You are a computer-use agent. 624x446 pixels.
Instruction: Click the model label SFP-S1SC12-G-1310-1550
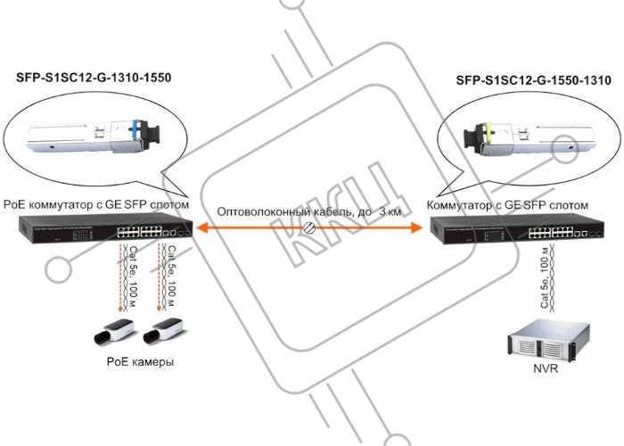[94, 78]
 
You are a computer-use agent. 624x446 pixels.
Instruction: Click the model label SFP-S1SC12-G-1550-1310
[534, 80]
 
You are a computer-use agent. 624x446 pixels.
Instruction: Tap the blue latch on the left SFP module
[137, 130]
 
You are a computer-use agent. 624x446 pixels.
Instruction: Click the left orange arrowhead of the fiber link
[202, 227]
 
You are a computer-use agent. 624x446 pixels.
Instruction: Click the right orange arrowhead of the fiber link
[416, 227]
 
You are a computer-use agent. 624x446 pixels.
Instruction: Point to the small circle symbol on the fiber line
[309, 227]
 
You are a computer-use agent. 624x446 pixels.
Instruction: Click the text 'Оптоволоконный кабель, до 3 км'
[308, 211]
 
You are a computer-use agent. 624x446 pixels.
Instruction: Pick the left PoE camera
[114, 331]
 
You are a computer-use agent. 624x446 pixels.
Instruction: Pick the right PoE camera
[163, 330]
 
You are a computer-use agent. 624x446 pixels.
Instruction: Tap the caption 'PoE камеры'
[140, 361]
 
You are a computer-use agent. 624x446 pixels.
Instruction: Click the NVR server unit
[548, 341]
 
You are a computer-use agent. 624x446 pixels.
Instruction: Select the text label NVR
[546, 368]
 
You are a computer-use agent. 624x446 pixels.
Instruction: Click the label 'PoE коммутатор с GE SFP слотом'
[96, 204]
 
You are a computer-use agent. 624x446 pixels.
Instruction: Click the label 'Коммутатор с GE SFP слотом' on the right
[507, 205]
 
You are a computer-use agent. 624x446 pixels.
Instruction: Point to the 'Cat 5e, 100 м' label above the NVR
[545, 277]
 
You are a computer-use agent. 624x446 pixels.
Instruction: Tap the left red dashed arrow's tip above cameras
[120, 310]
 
